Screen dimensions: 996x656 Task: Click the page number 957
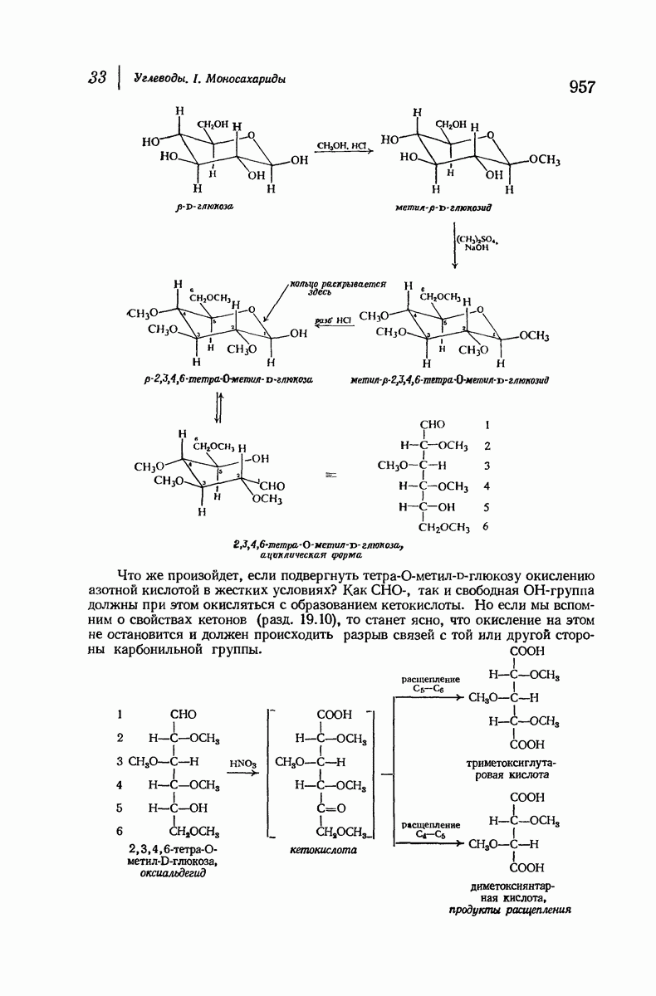(x=584, y=86)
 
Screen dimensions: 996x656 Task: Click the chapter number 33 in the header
(x=99, y=78)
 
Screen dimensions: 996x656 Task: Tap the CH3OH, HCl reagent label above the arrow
(x=341, y=145)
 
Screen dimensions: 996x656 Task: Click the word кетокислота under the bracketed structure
(x=323, y=851)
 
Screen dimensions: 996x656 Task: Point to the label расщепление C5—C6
(x=430, y=684)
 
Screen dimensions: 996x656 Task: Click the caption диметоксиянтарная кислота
(x=512, y=892)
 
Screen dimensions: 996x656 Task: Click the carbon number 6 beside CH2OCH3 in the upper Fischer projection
(x=485, y=526)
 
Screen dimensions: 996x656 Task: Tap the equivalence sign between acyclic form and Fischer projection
(x=332, y=476)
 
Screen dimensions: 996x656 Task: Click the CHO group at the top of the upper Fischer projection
(x=433, y=425)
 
